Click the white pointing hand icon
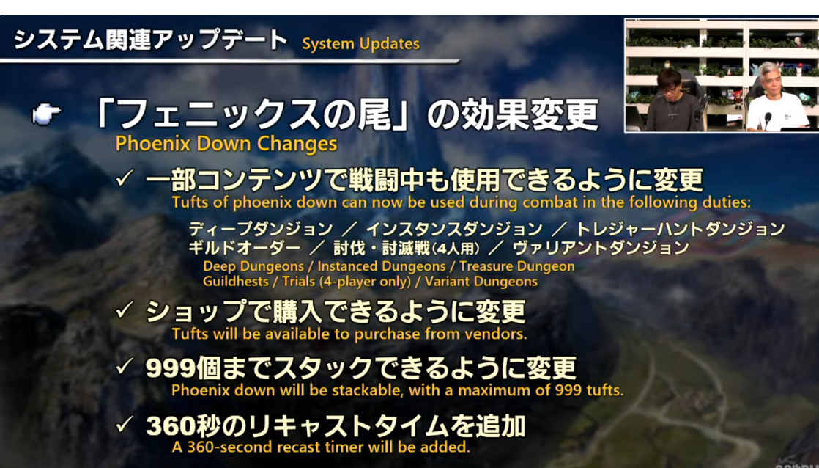click(47, 114)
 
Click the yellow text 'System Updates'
click(360, 44)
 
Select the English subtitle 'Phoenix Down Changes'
click(226, 143)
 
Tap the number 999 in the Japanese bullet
click(170, 368)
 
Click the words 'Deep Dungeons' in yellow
click(253, 266)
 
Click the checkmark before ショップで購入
click(125, 311)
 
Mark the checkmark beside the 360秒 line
click(125, 425)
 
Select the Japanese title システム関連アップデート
click(151, 40)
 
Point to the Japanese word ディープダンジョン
click(260, 230)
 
